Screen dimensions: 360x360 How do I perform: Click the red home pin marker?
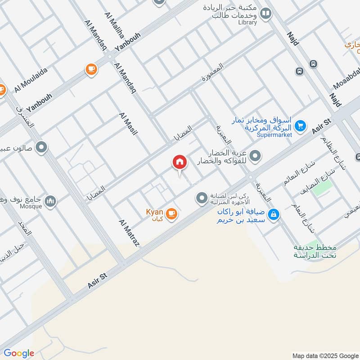click(179, 162)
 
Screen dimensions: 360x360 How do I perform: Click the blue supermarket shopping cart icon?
click(301, 126)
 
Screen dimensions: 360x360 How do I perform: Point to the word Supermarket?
click(274, 135)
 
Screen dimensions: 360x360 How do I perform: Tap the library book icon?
click(266, 14)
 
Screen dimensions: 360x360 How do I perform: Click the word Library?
click(248, 22)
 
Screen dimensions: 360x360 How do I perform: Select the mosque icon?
click(51, 201)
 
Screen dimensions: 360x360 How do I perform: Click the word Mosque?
click(31, 207)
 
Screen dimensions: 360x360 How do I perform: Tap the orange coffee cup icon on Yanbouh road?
click(91, 69)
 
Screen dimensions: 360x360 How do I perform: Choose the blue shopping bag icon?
click(273, 215)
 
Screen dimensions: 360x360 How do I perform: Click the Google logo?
click(19, 353)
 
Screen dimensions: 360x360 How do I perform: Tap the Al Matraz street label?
click(130, 233)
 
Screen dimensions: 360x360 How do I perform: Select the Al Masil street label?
click(128, 124)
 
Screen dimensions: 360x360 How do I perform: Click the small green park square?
click(323, 187)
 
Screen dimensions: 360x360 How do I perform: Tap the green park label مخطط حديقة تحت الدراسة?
click(315, 252)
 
